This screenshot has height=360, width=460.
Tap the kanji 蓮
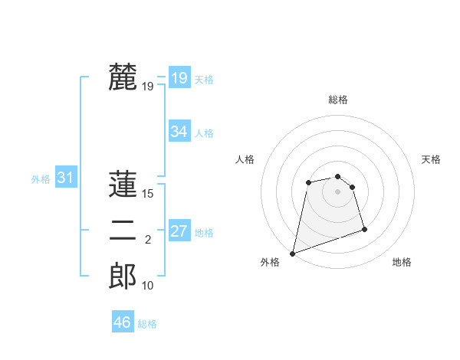click(x=123, y=185)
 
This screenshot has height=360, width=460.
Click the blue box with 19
click(x=179, y=77)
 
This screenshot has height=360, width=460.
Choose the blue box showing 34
click(x=179, y=132)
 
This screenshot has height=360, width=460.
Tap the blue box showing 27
click(x=179, y=231)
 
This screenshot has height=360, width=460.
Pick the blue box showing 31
click(x=65, y=178)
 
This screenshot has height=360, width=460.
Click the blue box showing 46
click(x=122, y=322)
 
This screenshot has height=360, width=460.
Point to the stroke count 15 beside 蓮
click(x=148, y=194)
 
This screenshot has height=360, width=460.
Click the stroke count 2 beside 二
click(x=148, y=240)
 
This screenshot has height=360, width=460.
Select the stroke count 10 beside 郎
click(x=148, y=286)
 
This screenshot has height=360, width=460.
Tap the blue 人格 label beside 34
click(x=204, y=133)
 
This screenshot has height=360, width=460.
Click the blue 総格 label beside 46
click(x=147, y=324)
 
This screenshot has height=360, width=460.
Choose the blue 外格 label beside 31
click(x=41, y=179)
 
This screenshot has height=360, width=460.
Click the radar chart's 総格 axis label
click(x=337, y=100)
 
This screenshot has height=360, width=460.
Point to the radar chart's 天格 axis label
click(x=432, y=159)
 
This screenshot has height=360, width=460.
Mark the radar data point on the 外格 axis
click(x=292, y=254)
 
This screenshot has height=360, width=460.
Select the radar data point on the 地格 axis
click(x=364, y=229)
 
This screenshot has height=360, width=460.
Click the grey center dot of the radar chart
click(x=337, y=191)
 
